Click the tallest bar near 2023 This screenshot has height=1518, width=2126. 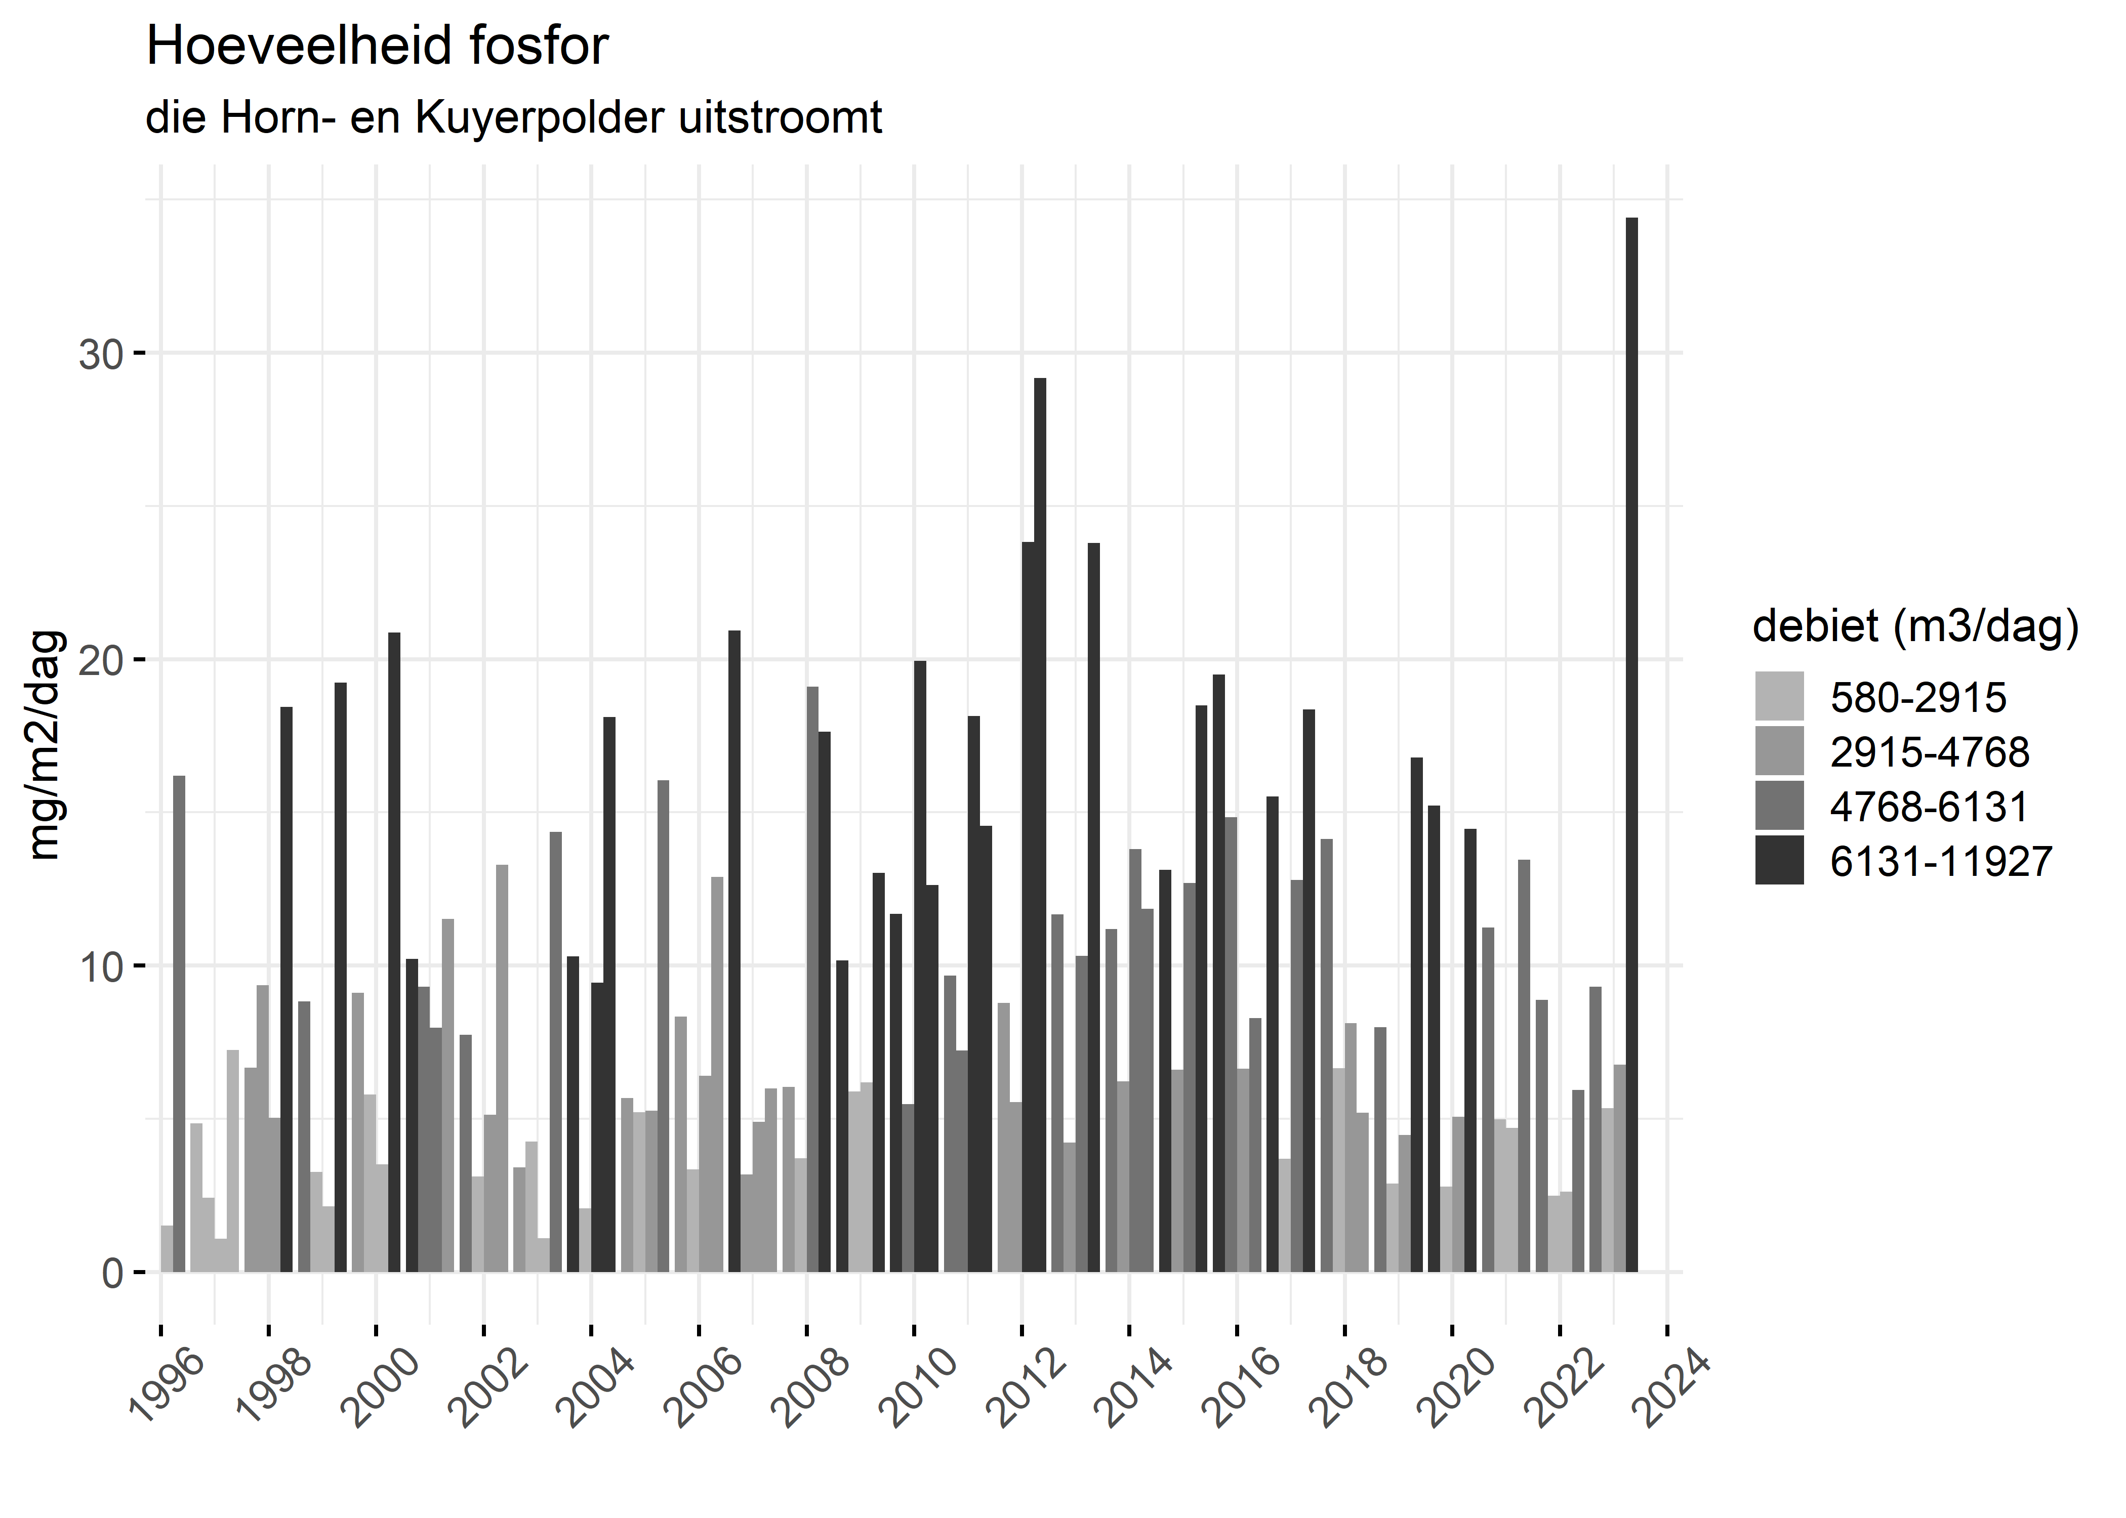(1631, 748)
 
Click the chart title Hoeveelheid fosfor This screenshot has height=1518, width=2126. (377, 47)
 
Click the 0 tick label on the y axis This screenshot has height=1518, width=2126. (112, 1273)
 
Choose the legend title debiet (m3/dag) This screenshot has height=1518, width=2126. (1915, 626)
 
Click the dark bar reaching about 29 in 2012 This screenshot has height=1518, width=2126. (1040, 823)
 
